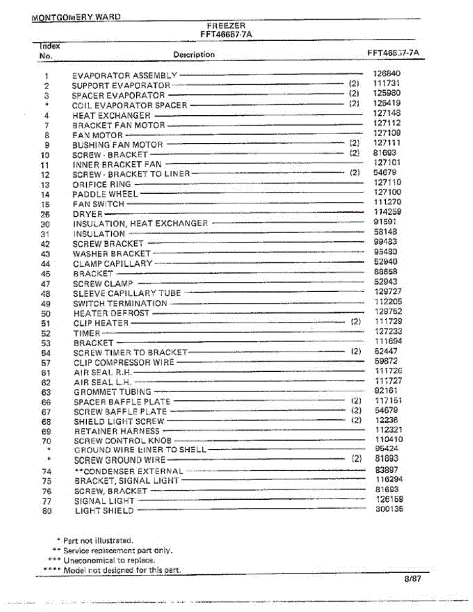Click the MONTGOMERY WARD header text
point(76,17)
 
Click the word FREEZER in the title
point(226,25)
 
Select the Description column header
point(194,55)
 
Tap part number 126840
point(387,73)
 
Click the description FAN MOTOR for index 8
point(97,135)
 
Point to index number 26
point(45,214)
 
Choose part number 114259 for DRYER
point(387,212)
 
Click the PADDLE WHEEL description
point(105,194)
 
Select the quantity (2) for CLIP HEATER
point(356,322)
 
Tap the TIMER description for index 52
point(87,333)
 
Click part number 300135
point(389,509)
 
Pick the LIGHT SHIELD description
point(104,511)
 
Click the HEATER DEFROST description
point(111,313)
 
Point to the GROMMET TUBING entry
point(112,392)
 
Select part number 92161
point(386,391)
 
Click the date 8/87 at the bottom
point(412,579)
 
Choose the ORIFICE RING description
point(102,185)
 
